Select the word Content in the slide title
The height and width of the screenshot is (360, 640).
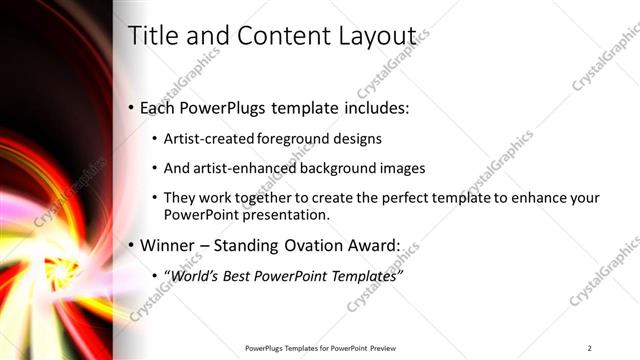(275, 36)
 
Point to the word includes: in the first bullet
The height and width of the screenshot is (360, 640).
(373, 108)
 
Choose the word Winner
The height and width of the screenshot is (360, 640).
(169, 245)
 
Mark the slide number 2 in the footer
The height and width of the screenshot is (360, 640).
(590, 348)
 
